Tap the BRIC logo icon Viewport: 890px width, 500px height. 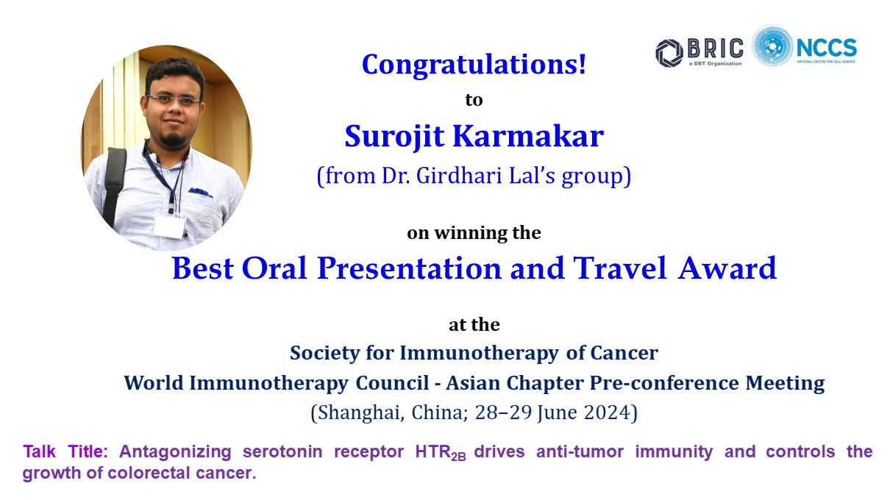tap(669, 53)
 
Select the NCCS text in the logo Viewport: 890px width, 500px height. tap(827, 48)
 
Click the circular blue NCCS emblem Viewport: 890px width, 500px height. tap(772, 46)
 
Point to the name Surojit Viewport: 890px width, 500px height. tap(394, 137)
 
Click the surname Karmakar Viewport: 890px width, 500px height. tap(528, 136)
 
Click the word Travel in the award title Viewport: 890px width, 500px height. tap(620, 268)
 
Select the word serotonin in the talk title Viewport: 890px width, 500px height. tap(282, 451)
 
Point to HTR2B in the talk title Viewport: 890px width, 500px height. tap(441, 453)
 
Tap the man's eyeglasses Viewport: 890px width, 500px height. tap(174, 100)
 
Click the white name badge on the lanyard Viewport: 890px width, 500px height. tap(170, 226)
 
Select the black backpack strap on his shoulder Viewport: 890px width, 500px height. tap(114, 182)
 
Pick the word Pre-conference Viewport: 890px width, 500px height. tap(664, 383)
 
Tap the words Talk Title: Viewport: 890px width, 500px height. tap(65, 451)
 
